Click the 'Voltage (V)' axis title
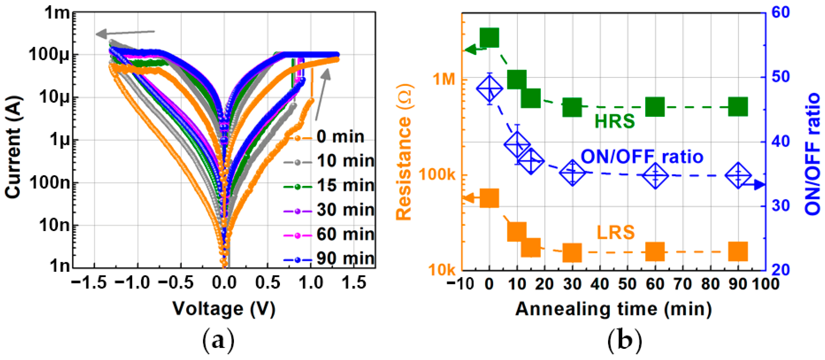point(224,309)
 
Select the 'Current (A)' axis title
point(13,147)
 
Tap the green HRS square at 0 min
point(489,37)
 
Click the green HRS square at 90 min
point(738,107)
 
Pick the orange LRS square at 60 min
point(655,252)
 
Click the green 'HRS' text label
point(615,121)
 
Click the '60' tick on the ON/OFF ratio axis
point(780,13)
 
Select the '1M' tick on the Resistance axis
point(445,79)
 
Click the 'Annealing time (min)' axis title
point(613,309)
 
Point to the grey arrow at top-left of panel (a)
point(125,33)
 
